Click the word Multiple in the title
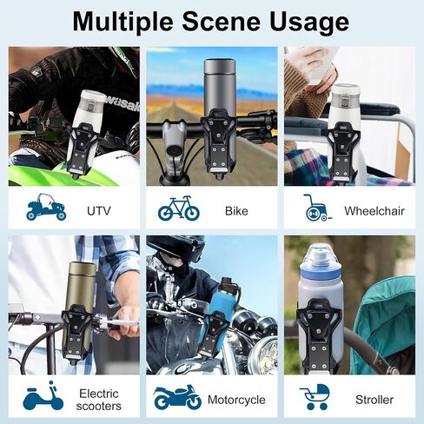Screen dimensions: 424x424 [x=123, y=22]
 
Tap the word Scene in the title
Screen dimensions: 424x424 [x=221, y=22]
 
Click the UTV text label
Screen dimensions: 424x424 [x=99, y=211]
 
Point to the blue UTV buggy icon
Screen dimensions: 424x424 [x=46, y=207]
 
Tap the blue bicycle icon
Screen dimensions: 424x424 [x=179, y=208]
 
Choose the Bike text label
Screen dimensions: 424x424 [x=236, y=211]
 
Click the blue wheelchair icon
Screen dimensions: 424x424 [x=317, y=208]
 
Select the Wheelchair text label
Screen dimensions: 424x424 [x=374, y=211]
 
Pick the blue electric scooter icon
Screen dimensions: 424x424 [x=43, y=395]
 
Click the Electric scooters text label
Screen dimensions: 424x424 [x=99, y=400]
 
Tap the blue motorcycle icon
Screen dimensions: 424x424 [x=177, y=396]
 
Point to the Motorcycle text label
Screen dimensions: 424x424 [x=236, y=400]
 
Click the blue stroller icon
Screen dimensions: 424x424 [x=315, y=397]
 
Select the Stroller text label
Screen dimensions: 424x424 [x=374, y=400]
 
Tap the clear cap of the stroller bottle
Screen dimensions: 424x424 [x=321, y=256]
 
